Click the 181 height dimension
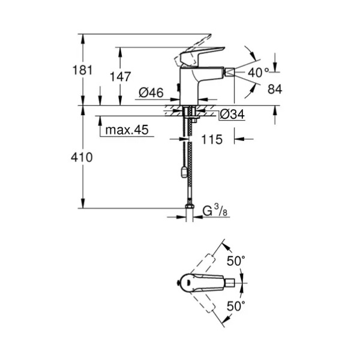pyautogui.click(x=82, y=70)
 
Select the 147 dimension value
pyautogui.click(x=120, y=76)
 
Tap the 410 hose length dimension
pyautogui.click(x=82, y=157)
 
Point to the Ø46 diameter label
pyautogui.click(x=151, y=92)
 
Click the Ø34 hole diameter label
pyautogui.click(x=232, y=114)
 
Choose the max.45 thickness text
pyautogui.click(x=127, y=130)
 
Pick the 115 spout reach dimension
pyautogui.click(x=212, y=139)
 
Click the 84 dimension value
pyautogui.click(x=275, y=89)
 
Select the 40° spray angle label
pyautogui.click(x=258, y=73)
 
